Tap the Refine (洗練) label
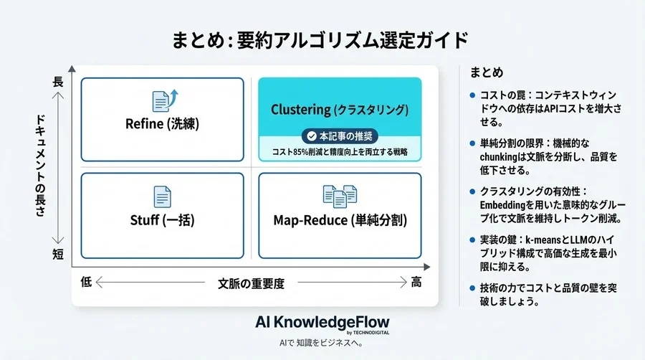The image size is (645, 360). (162, 123)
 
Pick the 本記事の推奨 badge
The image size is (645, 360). (340, 136)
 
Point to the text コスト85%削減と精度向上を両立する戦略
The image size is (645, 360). (340, 151)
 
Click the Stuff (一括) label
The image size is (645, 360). (162, 219)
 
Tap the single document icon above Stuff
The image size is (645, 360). (162, 196)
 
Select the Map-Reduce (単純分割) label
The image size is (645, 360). (340, 219)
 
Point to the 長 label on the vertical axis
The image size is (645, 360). (58, 82)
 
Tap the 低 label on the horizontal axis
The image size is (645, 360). (87, 283)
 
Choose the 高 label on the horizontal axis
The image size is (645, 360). (416, 283)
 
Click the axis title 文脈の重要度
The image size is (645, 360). (251, 283)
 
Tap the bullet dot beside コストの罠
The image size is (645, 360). (472, 95)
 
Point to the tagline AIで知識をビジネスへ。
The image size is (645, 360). (322, 344)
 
